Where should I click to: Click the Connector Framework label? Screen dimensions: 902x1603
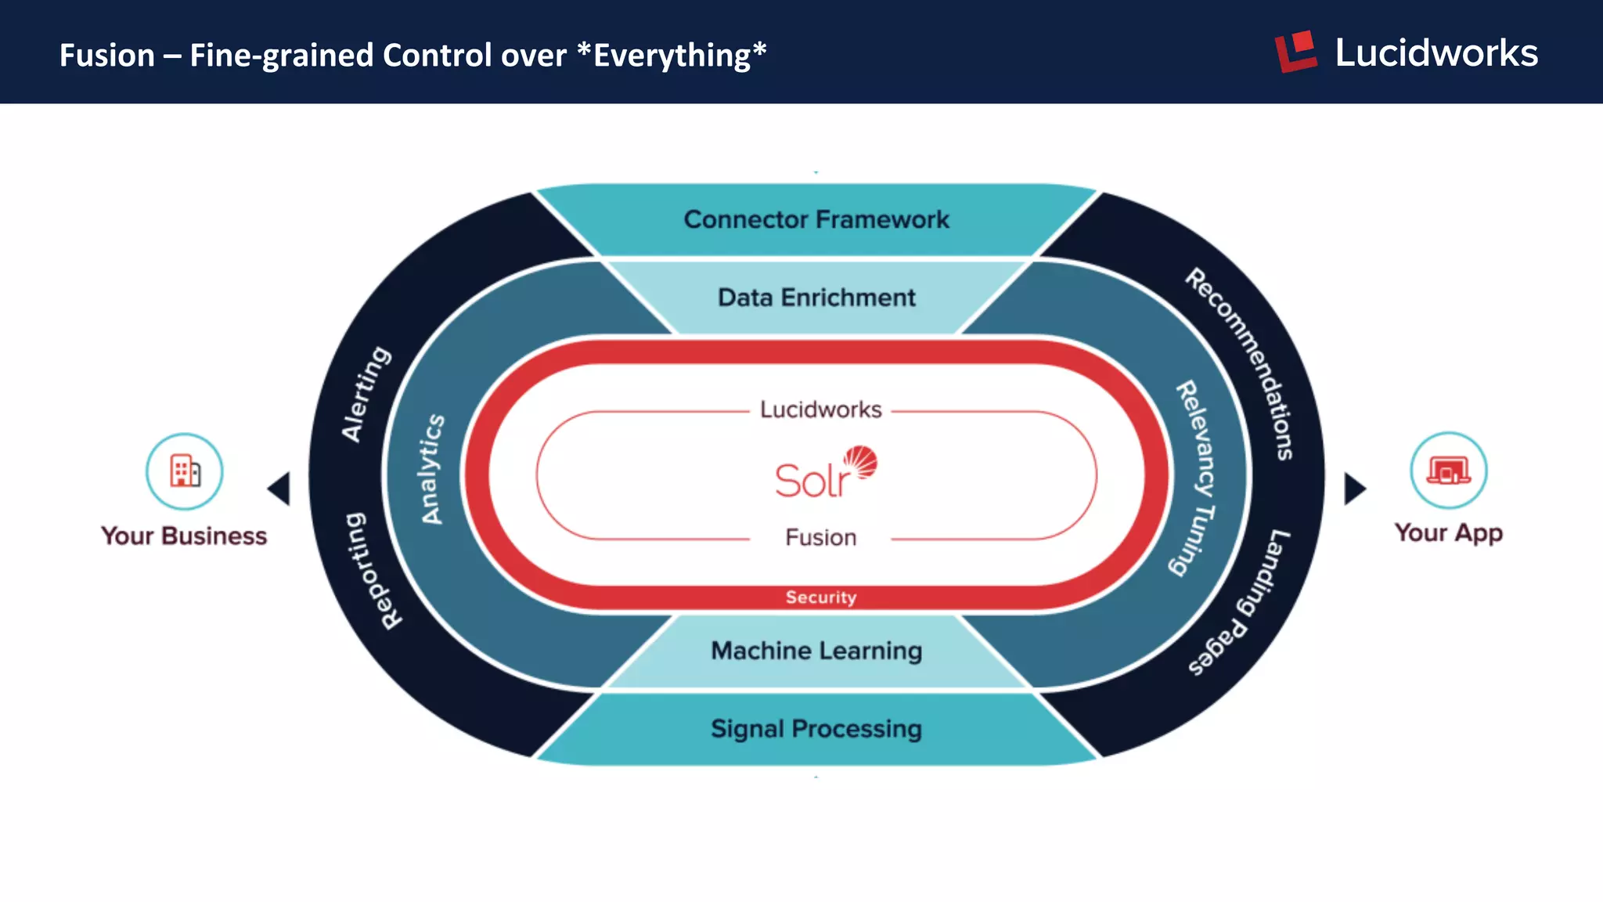point(816,220)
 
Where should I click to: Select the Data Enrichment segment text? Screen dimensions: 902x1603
point(816,298)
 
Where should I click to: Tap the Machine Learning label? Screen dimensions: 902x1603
point(816,651)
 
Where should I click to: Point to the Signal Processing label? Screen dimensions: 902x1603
point(816,729)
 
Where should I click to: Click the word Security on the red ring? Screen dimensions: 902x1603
point(820,597)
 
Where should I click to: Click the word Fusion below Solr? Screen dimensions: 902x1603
point(820,538)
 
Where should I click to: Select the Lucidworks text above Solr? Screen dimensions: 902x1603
point(820,410)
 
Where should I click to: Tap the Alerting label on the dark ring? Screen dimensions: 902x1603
point(366,394)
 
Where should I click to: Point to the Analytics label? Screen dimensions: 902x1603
point(432,469)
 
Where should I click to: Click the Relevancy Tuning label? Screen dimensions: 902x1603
point(1195,478)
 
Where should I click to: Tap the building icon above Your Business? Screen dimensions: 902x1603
point(185,471)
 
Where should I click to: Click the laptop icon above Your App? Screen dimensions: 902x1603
point(1448,471)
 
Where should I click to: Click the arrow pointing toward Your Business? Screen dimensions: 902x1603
point(279,489)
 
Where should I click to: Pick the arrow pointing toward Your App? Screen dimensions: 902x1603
point(1354,489)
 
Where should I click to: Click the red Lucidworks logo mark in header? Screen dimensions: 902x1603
point(1296,52)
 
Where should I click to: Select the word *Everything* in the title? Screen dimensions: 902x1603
point(671,56)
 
